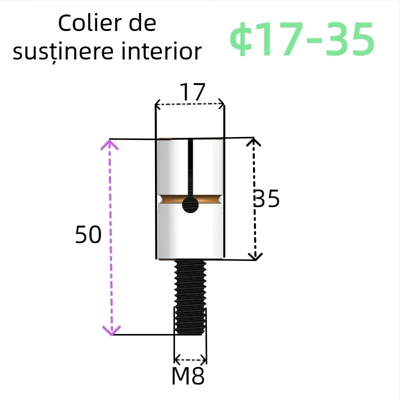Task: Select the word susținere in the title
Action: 62,52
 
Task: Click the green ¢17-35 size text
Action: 302,39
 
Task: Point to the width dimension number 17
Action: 192,92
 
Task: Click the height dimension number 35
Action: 266,199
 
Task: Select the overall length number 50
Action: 88,234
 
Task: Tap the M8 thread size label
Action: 188,376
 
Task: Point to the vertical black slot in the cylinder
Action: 190,167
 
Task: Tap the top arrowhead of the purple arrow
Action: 110,145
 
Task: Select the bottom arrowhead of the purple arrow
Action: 111,330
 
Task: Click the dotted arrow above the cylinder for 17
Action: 189,105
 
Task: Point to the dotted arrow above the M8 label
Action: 190,359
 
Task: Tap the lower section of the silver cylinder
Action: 190,235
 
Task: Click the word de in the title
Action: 142,23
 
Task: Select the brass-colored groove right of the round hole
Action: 210,199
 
